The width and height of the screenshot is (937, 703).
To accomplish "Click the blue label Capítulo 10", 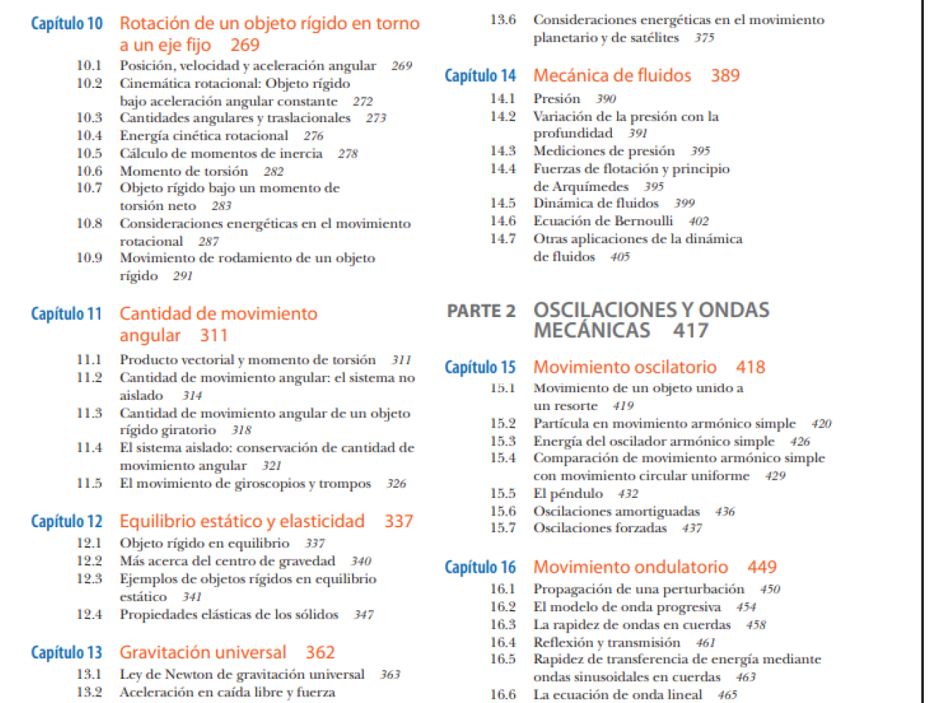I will (67, 24).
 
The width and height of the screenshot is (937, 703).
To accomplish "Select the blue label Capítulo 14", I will (480, 76).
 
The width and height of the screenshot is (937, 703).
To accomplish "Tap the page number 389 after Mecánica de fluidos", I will (725, 75).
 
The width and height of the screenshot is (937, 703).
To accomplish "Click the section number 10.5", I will (89, 153).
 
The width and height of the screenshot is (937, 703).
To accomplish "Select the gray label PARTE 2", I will (481, 311).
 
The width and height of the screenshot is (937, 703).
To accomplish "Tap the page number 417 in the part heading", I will (690, 331).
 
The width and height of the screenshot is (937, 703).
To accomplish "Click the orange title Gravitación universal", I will (203, 652).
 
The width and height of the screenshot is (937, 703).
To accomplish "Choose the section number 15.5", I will (503, 494).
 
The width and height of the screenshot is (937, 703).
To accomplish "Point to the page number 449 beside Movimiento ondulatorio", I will (761, 568).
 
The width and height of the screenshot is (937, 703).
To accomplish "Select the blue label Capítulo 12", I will (67, 522).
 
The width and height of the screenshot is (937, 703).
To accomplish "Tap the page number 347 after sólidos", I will (363, 615).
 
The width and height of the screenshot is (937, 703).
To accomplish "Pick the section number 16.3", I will (503, 625).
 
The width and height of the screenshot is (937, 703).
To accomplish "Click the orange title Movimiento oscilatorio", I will (624, 368).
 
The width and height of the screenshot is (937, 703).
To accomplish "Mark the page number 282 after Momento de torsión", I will (273, 171).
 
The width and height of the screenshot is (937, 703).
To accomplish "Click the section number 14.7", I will (503, 239).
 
